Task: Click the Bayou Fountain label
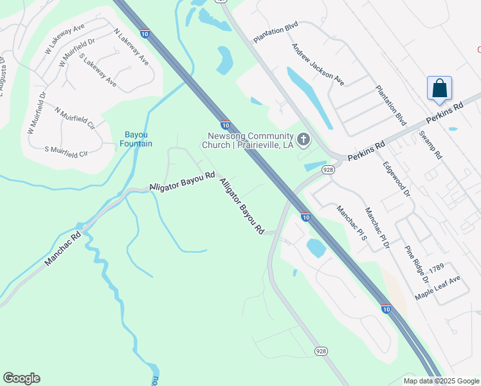point(136,139)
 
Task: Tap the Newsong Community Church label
point(250,140)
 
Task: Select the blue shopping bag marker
point(439,89)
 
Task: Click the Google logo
point(21,378)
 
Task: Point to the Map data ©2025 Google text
point(441,381)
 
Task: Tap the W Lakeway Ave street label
point(65,39)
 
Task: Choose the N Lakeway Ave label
point(131,47)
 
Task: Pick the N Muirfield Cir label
point(75,118)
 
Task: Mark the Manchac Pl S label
point(351,222)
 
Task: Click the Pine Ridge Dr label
point(416,264)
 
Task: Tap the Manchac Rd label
point(62,250)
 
